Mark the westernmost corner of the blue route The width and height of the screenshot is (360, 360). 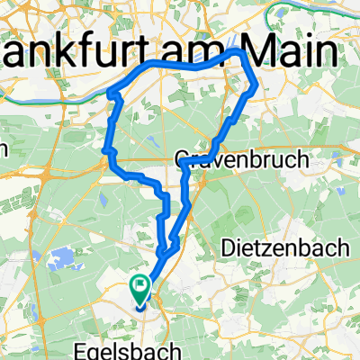tap(108, 93)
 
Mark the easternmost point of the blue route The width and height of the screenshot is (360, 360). tap(257, 87)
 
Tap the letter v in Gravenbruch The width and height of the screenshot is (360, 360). tap(215, 160)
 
